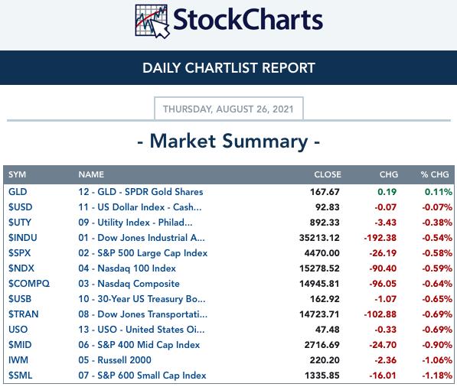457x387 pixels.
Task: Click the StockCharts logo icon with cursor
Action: [152, 21]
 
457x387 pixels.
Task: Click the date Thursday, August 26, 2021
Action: [228, 109]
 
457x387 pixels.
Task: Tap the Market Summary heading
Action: [228, 141]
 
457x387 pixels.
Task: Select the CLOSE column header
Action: [328, 174]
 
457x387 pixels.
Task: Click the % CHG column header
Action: [435, 174]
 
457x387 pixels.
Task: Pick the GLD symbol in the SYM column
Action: [18, 192]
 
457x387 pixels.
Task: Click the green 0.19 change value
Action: [387, 192]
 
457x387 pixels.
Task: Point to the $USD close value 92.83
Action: [328, 207]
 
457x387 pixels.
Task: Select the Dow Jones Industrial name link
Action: [142, 238]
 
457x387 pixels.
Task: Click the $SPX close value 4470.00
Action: [322, 252]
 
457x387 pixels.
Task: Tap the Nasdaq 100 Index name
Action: [127, 268]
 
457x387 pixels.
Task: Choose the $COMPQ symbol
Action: [29, 284]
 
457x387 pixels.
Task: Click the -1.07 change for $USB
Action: [385, 299]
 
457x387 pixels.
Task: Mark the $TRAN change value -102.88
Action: [380, 314]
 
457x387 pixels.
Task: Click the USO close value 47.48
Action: [328, 330]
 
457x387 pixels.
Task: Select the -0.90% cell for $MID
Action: [437, 345]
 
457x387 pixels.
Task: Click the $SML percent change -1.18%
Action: [437, 376]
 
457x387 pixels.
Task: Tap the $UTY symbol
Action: [20, 223]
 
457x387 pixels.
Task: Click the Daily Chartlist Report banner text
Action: [228, 68]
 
